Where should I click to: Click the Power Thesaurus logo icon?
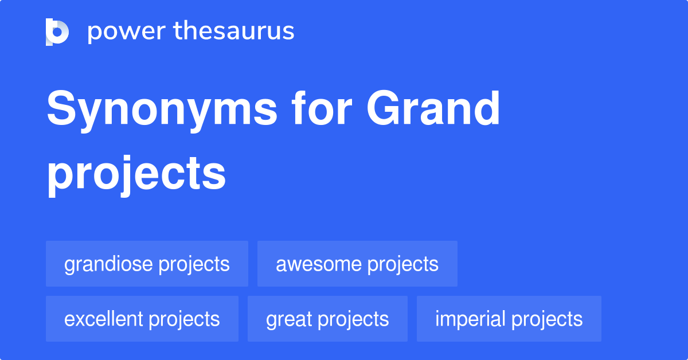tap(57, 32)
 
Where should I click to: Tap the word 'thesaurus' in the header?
tap(234, 32)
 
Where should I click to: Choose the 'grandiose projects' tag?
tap(147, 264)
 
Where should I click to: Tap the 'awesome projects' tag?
tap(357, 264)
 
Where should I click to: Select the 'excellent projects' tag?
tap(142, 319)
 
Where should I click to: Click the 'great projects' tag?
tap(327, 319)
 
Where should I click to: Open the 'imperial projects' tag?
tap(509, 319)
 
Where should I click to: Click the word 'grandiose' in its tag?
tap(108, 264)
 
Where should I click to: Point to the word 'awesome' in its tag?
tap(319, 264)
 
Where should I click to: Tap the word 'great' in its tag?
tap(289, 319)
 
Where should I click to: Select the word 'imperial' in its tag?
tap(470, 319)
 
